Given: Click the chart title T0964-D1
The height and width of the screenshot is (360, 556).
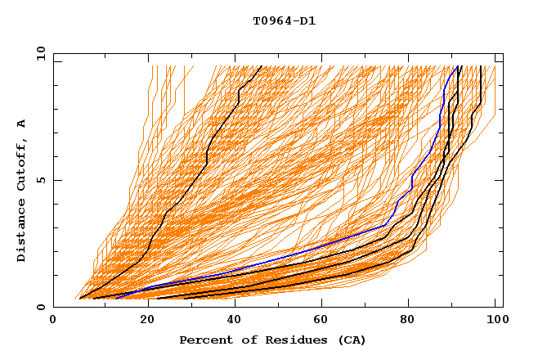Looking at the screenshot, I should click(x=284, y=21).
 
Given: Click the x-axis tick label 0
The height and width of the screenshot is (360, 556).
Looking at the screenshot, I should click(x=53, y=321).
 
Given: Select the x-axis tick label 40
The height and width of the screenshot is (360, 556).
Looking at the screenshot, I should click(x=234, y=321).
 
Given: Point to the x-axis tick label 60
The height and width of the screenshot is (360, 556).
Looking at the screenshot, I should click(x=322, y=321).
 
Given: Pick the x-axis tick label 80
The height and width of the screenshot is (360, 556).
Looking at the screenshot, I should click(x=410, y=321).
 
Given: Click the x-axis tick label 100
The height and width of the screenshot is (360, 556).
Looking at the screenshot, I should click(x=496, y=321).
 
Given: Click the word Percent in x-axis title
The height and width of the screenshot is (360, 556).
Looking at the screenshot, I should click(x=203, y=340).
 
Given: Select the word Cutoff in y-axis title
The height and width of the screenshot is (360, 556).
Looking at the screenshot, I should click(x=22, y=164).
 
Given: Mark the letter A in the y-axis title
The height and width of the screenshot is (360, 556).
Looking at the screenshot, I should click(x=22, y=124).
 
